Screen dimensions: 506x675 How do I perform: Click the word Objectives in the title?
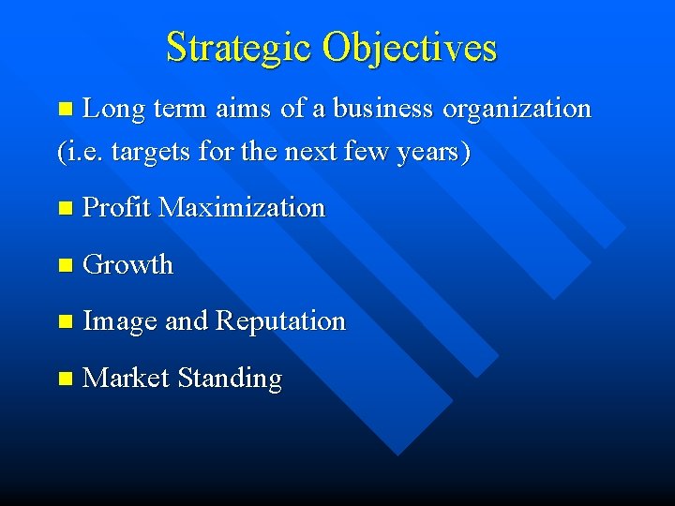(410, 47)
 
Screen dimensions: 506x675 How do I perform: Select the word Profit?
(117, 207)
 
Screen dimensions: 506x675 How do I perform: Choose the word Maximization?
(242, 207)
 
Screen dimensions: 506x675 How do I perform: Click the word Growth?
(128, 264)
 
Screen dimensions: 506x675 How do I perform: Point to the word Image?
(120, 322)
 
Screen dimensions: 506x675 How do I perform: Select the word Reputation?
(280, 322)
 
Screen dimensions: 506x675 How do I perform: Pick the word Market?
(126, 379)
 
